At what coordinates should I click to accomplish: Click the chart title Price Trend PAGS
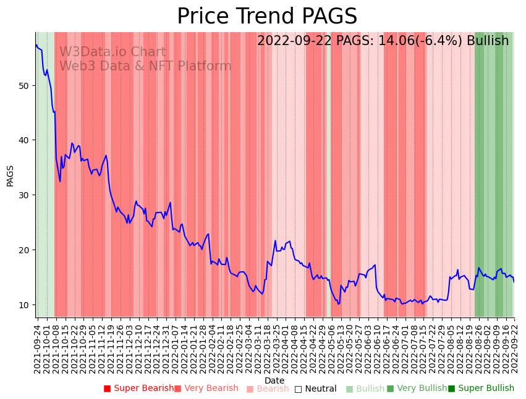click(x=267, y=17)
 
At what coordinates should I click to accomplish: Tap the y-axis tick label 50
click(x=23, y=85)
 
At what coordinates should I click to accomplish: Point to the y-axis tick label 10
click(x=23, y=304)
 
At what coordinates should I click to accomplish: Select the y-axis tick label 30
click(x=23, y=195)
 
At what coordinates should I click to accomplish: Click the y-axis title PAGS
click(x=10, y=175)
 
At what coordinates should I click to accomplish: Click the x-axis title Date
click(x=274, y=380)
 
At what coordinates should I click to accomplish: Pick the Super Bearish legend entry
click(x=139, y=388)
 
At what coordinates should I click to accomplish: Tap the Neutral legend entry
click(x=316, y=388)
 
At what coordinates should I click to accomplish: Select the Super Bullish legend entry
click(x=481, y=388)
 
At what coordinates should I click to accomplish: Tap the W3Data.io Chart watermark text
click(x=112, y=52)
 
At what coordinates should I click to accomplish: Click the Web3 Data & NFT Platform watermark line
click(x=145, y=66)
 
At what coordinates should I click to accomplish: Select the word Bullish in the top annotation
click(x=488, y=41)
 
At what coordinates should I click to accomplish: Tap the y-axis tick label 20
click(x=23, y=250)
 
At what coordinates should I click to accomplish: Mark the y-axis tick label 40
click(x=23, y=140)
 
